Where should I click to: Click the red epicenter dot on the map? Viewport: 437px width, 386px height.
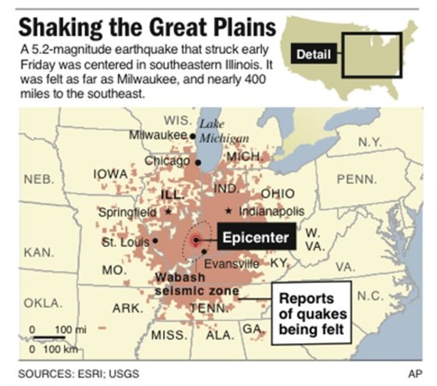tap(197, 240)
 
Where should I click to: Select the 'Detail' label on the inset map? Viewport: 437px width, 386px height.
tap(314, 55)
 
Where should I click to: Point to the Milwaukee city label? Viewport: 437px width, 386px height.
tap(155, 135)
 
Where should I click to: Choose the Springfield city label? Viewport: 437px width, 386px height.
tap(127, 211)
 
